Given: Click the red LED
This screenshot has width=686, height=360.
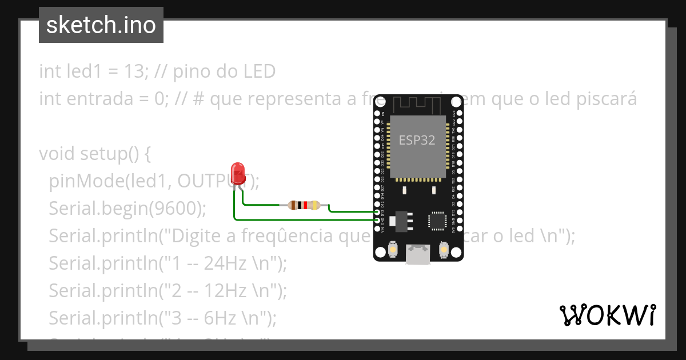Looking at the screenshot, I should coord(238,173).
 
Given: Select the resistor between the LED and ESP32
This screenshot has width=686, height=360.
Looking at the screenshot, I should coord(304,205).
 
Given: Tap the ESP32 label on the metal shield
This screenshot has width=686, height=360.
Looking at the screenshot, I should coord(417,141).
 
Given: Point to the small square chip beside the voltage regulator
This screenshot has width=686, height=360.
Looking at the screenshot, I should coord(438,221).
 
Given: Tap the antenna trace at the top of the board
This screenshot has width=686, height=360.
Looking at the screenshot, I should coord(418,105).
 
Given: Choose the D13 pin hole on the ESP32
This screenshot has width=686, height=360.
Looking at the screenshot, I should coord(377,213).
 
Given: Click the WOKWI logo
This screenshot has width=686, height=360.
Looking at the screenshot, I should coord(607,315).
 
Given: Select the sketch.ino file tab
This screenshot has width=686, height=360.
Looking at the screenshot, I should coord(101,25).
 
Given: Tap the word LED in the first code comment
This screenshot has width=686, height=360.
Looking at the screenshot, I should coord(259,71).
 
